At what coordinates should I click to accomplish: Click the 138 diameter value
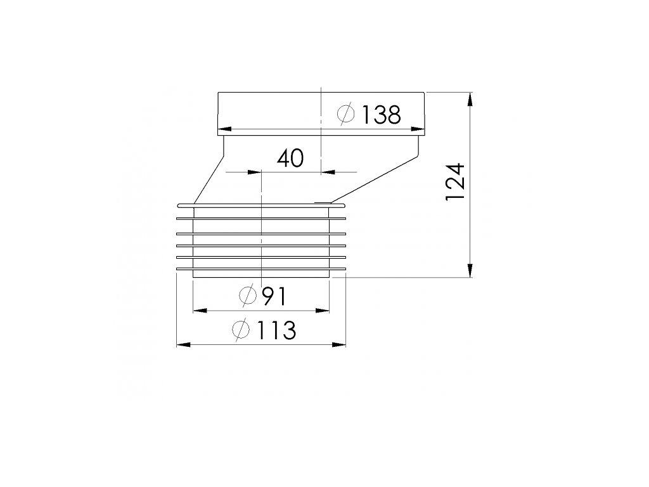click(x=381, y=115)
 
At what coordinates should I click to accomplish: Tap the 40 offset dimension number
click(x=290, y=158)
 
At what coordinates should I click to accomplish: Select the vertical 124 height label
click(x=456, y=182)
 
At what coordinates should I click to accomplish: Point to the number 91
click(x=274, y=296)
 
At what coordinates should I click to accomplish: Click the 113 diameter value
click(x=276, y=330)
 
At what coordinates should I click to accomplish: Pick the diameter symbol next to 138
click(x=346, y=113)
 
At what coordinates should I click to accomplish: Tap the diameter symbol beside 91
click(x=248, y=295)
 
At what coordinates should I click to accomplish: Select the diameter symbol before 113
click(x=241, y=329)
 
